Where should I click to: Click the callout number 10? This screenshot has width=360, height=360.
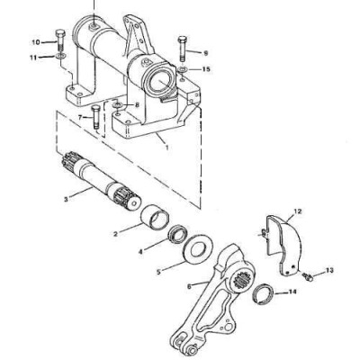click(x=36, y=41)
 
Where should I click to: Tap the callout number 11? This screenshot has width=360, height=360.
click(x=36, y=57)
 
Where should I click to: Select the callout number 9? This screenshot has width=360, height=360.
click(x=205, y=52)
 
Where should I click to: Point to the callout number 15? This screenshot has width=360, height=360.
click(x=206, y=68)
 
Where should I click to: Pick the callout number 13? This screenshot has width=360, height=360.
click(x=329, y=269)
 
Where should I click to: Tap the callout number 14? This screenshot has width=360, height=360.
click(x=291, y=292)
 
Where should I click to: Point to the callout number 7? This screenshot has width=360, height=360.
click(x=80, y=117)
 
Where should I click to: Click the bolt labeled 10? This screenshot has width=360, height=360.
click(x=58, y=42)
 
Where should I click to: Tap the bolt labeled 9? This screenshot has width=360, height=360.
click(x=183, y=47)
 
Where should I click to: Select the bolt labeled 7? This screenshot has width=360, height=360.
click(x=95, y=122)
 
